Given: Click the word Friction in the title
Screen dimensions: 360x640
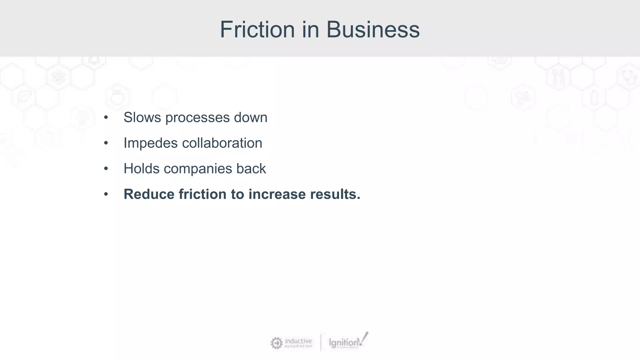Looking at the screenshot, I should click(x=257, y=30).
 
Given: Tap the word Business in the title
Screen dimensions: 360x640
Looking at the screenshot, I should click(x=373, y=30).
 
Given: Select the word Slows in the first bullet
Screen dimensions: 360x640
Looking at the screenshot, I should click(x=142, y=117).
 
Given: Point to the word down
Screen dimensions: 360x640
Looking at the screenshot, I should click(x=251, y=117).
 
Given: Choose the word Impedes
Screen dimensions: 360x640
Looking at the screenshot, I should click(x=151, y=143).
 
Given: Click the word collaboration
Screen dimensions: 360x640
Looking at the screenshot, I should click(x=222, y=143).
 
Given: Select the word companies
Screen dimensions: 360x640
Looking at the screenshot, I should click(x=198, y=169).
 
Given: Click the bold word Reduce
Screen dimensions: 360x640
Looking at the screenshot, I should click(x=149, y=194).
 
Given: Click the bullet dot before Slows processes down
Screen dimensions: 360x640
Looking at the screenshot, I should click(x=106, y=117).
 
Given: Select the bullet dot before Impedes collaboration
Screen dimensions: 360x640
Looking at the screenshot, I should click(x=106, y=143).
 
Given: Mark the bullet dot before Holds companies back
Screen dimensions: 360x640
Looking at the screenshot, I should click(x=106, y=169).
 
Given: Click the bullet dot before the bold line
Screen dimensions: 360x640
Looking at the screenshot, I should click(x=106, y=194).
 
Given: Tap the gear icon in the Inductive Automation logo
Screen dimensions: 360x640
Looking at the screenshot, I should click(x=277, y=343).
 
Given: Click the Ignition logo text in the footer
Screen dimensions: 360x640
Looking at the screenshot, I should click(x=344, y=343).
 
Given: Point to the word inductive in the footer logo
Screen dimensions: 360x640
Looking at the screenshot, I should click(x=298, y=341).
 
